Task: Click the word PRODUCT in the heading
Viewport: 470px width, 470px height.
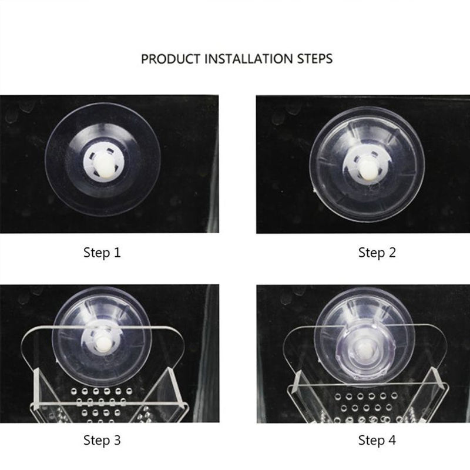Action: click(170, 59)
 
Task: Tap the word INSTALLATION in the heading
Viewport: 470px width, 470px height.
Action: click(249, 59)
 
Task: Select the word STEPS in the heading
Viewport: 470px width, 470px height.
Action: click(315, 59)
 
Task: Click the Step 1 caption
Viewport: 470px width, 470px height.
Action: click(102, 253)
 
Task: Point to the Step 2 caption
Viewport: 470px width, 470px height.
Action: click(377, 253)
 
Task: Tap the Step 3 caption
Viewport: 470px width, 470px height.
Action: click(102, 440)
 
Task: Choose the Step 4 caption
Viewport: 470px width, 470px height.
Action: click(377, 440)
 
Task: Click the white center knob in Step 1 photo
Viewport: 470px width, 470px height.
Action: click(103, 165)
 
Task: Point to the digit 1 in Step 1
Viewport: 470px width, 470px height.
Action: click(117, 253)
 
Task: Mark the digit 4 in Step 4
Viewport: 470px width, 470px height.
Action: click(392, 440)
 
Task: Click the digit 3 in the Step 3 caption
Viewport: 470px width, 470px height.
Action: click(117, 440)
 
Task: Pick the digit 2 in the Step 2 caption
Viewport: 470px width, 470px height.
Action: click(392, 253)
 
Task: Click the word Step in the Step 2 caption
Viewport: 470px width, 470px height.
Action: click(371, 253)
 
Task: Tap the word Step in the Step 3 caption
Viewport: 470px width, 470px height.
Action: click(96, 441)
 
